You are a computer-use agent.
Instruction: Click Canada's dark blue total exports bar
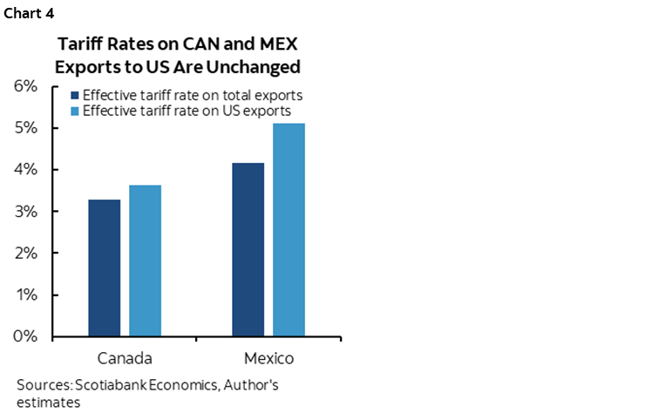tap(105, 268)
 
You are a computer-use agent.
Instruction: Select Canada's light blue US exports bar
tap(145, 261)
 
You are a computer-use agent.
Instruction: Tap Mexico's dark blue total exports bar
tap(248, 249)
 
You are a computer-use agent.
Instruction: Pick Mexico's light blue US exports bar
tap(289, 230)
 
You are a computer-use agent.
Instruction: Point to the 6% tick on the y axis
tap(25, 86)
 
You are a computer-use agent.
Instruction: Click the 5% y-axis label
tap(25, 128)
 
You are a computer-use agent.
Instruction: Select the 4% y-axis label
tap(25, 170)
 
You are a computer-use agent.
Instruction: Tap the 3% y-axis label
tap(25, 212)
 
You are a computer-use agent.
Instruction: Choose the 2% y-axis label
tap(25, 254)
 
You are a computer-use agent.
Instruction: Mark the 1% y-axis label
tap(25, 295)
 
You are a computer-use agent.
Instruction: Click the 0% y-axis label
tap(25, 336)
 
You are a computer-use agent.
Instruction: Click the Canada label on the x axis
tap(125, 358)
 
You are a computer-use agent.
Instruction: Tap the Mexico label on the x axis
tap(269, 358)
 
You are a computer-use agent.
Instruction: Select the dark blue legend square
tap(75, 96)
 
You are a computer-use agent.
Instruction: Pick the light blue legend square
tap(75, 112)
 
